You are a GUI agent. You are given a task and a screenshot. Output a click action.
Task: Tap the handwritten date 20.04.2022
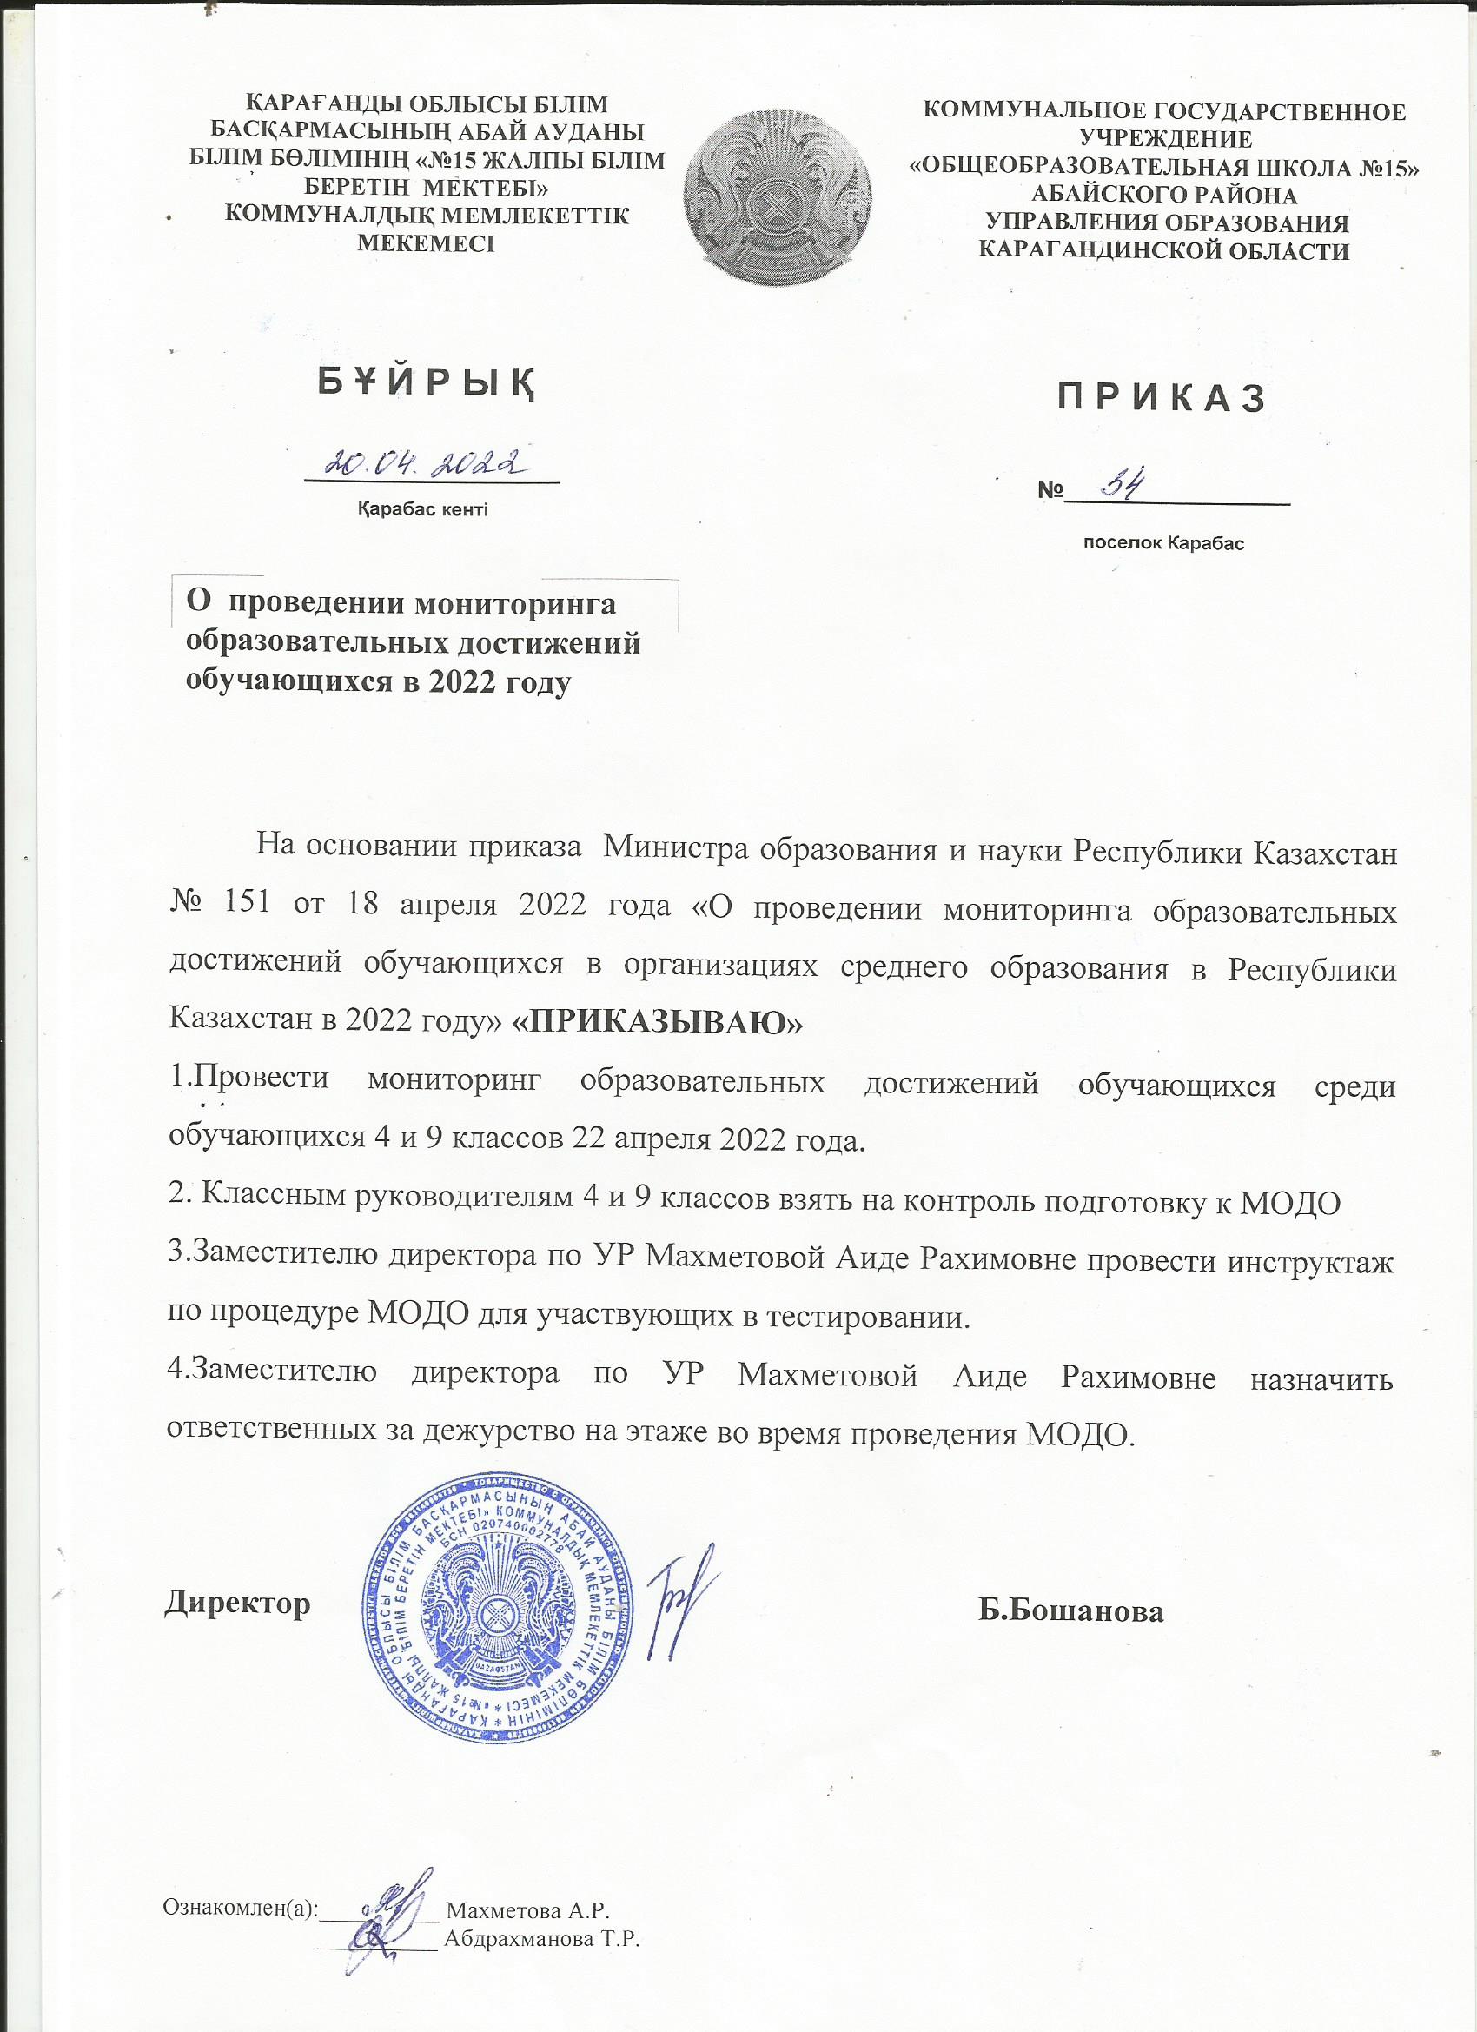coord(427,462)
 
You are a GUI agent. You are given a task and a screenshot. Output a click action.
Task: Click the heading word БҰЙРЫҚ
coord(427,383)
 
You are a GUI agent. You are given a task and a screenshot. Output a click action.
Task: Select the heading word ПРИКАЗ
coord(1162,399)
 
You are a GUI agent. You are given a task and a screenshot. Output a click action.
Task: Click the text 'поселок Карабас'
coord(1163,543)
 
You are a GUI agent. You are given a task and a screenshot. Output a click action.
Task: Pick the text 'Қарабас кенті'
coord(423,511)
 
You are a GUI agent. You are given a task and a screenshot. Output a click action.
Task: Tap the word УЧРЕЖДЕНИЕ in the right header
coord(1165,139)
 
